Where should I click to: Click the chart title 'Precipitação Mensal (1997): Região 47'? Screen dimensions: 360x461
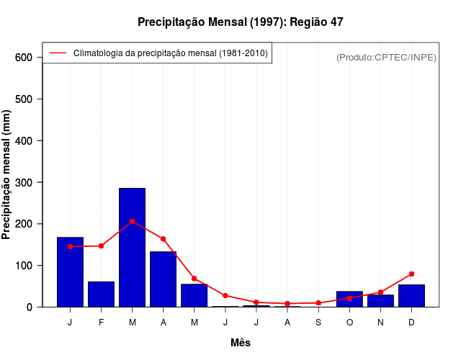point(241,22)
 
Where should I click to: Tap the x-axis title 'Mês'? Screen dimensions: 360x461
point(241,343)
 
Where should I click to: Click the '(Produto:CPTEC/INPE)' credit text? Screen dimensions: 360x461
point(386,57)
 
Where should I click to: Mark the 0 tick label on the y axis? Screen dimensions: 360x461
point(30,307)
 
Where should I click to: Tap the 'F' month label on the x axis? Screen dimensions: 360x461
point(101,322)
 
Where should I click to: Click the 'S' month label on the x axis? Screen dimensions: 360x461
point(318,322)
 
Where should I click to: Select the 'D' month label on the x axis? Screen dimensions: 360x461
point(411,322)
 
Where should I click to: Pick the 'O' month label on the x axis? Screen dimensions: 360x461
point(349,322)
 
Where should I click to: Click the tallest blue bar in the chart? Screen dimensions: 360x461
point(132,247)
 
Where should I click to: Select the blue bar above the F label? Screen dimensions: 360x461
point(101,294)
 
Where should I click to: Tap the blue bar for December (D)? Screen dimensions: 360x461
point(411,295)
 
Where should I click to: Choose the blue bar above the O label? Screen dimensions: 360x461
point(349,299)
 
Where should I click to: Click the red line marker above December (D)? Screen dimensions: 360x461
point(411,274)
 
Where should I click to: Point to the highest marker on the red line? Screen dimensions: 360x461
point(132,221)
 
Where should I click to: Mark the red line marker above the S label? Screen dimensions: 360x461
point(318,303)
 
